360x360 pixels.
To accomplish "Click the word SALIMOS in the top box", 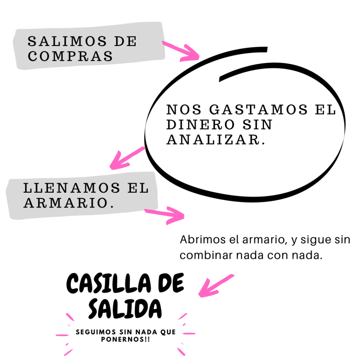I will [67, 41].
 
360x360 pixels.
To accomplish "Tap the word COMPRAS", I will [70, 56].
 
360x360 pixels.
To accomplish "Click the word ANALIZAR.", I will [216, 140].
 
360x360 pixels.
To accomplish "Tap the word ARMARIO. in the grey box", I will [69, 203].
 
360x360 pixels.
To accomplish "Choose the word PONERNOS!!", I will [125, 340].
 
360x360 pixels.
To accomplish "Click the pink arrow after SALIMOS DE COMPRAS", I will [181, 51].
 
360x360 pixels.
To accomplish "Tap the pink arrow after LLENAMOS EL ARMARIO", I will [165, 214].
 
